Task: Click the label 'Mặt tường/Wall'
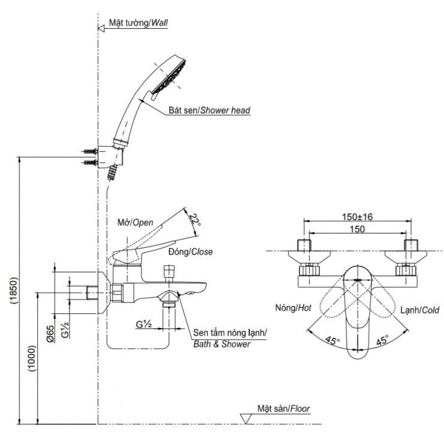(138, 23)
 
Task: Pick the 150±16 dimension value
(357, 217)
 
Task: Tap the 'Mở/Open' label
(136, 222)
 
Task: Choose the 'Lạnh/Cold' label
(419, 310)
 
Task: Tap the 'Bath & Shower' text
(221, 344)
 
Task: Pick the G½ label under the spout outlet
(143, 324)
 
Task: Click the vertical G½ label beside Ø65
(67, 330)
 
